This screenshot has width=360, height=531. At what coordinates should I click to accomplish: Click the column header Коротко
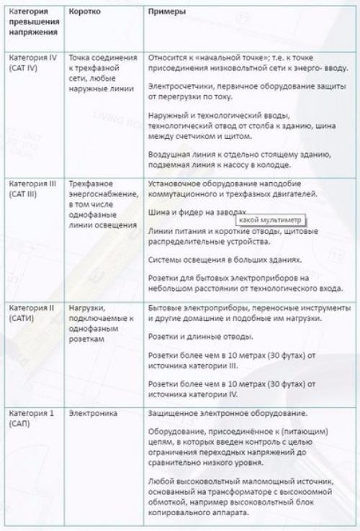(x=85, y=13)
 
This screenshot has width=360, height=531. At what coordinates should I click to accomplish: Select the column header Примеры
(x=166, y=13)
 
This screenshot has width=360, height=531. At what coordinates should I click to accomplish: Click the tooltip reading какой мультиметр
(x=270, y=219)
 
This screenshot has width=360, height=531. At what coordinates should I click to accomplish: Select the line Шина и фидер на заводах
(x=191, y=213)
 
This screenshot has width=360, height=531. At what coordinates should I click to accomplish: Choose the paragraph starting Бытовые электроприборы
(x=248, y=313)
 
